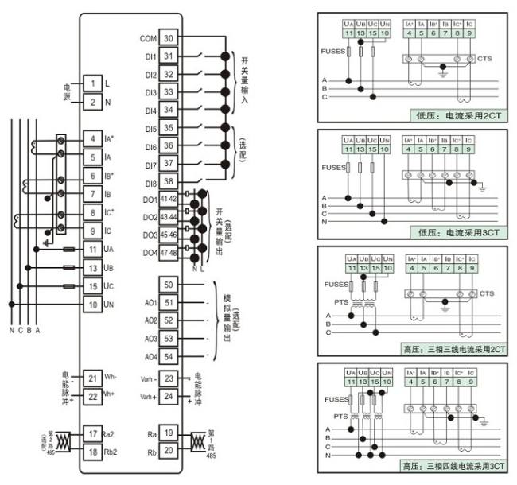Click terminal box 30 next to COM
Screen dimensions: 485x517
(x=168, y=38)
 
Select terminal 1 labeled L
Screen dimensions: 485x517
(x=93, y=83)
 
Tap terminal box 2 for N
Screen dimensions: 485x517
(x=93, y=102)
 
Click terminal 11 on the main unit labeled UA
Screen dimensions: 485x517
(x=93, y=250)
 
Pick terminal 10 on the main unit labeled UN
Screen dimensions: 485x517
(x=93, y=305)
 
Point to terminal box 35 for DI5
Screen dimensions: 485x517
(x=168, y=128)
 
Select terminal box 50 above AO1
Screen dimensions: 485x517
(x=168, y=285)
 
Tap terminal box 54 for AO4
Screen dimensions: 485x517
(x=168, y=356)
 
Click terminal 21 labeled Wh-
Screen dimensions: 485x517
(x=93, y=378)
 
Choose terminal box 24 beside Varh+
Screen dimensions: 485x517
(x=168, y=396)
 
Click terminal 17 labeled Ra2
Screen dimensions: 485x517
(x=93, y=433)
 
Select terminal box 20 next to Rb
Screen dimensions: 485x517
(x=168, y=451)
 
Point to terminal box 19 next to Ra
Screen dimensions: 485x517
(x=168, y=433)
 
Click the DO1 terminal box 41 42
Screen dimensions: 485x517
(x=168, y=199)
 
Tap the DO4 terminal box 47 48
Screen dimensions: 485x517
(x=168, y=252)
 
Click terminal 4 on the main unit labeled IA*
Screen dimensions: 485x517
(x=93, y=140)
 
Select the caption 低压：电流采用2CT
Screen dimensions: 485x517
(x=458, y=115)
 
